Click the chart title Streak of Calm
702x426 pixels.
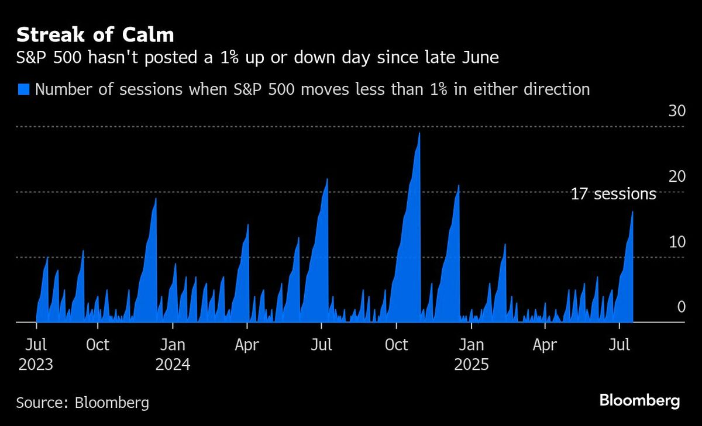[95, 35]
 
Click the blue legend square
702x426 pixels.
[23, 89]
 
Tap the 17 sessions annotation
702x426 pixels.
[613, 194]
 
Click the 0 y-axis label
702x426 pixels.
[681, 307]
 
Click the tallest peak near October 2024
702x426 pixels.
[419, 134]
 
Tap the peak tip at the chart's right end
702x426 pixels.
[632, 212]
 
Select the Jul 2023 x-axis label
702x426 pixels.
[36, 354]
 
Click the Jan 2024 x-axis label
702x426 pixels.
[173, 354]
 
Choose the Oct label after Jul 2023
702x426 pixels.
[97, 345]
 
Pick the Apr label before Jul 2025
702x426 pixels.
[545, 345]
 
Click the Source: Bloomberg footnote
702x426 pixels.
[82, 403]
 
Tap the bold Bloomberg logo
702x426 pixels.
[639, 401]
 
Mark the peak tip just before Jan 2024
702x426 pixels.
[156, 199]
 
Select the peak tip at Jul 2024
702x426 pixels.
[327, 179]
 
